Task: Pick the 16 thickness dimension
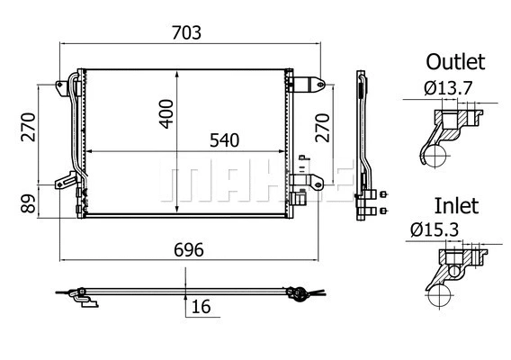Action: click(201, 308)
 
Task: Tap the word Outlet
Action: click(455, 62)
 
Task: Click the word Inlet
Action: click(455, 205)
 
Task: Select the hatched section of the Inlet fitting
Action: click(450, 262)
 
